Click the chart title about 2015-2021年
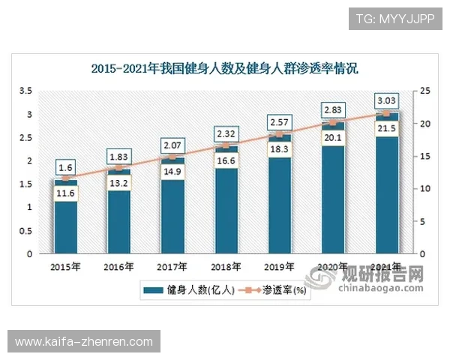[225, 69]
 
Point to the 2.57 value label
[279, 121]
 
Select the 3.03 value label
[386, 100]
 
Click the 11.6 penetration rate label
[65, 194]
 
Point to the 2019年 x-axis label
[279, 266]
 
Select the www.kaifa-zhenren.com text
[83, 342]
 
